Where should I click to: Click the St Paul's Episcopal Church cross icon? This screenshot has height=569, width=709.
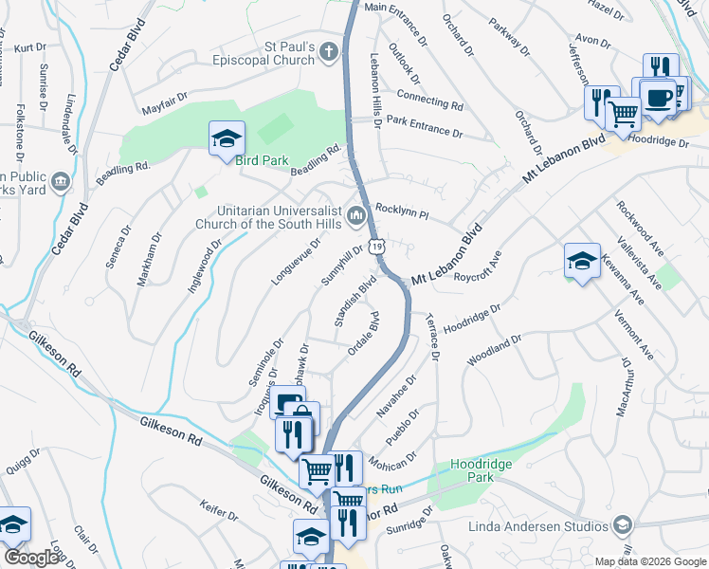click(x=329, y=51)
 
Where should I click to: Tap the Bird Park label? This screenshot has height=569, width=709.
click(x=262, y=160)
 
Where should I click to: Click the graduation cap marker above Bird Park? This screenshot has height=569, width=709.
click(x=227, y=139)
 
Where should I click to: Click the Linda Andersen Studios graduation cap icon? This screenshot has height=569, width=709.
click(x=623, y=524)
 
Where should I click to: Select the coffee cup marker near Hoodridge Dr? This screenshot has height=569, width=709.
click(x=657, y=97)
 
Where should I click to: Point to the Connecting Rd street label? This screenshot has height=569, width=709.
click(x=429, y=99)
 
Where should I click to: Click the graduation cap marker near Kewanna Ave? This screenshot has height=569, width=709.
click(x=582, y=262)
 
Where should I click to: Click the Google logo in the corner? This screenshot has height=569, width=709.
click(x=32, y=558)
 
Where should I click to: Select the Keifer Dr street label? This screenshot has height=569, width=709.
click(x=220, y=511)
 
